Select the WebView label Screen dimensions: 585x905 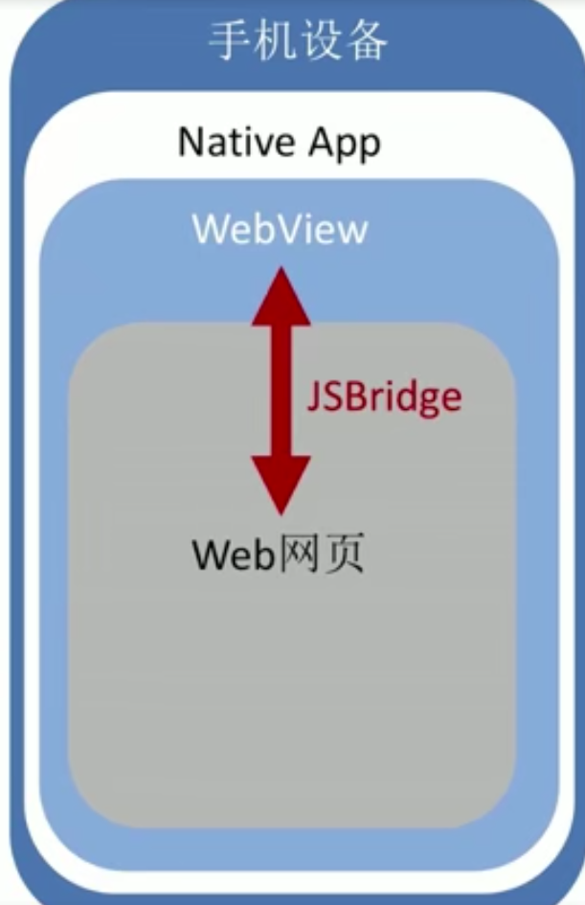(x=280, y=231)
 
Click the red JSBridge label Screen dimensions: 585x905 (x=384, y=396)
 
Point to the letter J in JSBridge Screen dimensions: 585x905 (x=314, y=396)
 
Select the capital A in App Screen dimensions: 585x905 (x=321, y=143)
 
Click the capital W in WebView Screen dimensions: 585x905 (x=211, y=231)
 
